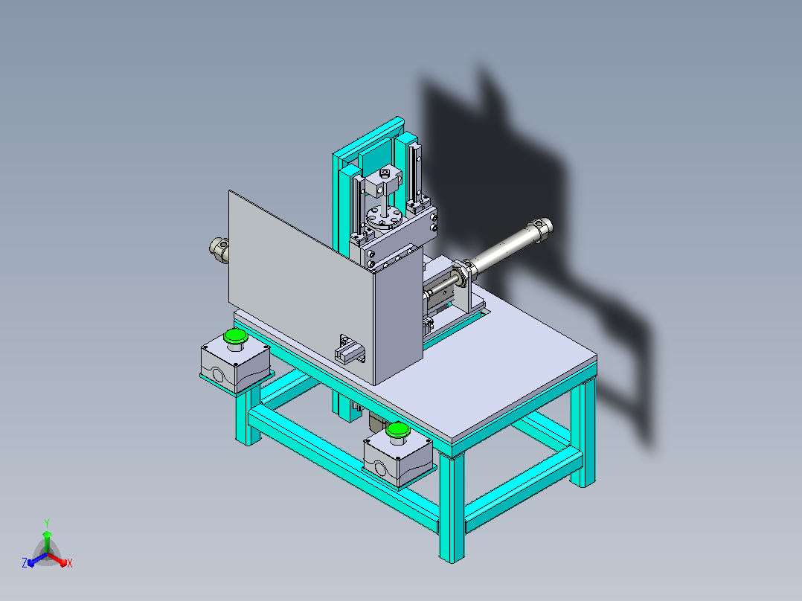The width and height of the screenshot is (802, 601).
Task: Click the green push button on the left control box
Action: pyautogui.click(x=235, y=336)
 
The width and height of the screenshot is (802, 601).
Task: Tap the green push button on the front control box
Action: pyautogui.click(x=398, y=430)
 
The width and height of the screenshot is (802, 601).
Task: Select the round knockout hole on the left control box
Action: pyautogui.click(x=218, y=376)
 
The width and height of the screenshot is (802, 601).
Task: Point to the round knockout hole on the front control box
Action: pyautogui.click(x=381, y=469)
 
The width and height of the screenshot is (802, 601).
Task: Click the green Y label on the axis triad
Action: pyautogui.click(x=47, y=523)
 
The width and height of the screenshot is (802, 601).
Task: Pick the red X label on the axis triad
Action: pyautogui.click(x=70, y=563)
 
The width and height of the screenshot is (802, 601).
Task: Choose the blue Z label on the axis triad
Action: pyautogui.click(x=24, y=563)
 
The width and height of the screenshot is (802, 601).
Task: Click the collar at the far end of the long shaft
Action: pyautogui.click(x=542, y=228)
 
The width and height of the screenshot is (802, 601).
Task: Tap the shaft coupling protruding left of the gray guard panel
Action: pyautogui.click(x=219, y=250)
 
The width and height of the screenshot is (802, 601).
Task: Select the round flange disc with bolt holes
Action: pyautogui.click(x=384, y=218)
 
